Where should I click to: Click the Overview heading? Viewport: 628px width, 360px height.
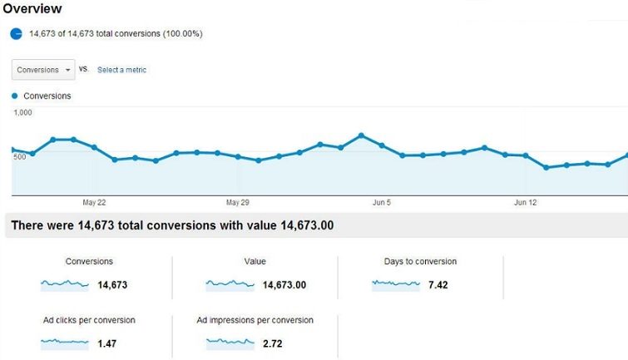pos(32,9)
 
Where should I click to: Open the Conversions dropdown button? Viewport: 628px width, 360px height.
pos(43,70)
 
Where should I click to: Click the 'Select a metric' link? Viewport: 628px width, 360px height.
pos(121,70)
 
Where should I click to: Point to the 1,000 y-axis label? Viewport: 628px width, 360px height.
pos(23,112)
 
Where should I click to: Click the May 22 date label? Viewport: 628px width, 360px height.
pos(95,202)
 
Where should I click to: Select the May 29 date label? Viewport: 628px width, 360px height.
pos(238,202)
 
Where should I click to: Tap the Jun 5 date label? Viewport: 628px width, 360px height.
pos(382,202)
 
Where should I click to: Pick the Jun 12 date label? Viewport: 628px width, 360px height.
pos(526,202)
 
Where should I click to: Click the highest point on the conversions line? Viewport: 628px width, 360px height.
pos(361,135)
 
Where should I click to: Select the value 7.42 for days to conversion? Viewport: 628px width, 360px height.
pos(438,285)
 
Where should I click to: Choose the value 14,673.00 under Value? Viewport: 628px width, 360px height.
pos(284,285)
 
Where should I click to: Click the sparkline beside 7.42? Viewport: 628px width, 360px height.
pos(396,284)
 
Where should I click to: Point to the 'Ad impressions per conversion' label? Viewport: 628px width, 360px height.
pos(255,320)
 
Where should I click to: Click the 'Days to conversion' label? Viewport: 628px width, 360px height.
pos(420,262)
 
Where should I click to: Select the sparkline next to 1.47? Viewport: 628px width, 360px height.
pos(64,343)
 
